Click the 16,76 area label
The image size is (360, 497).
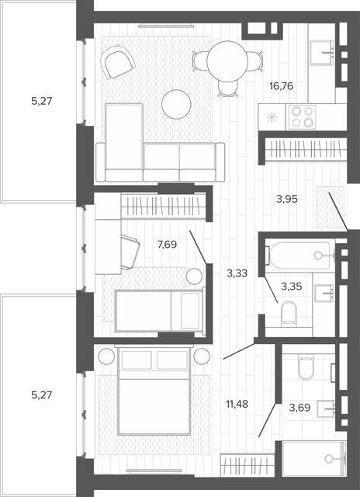tap(281, 86)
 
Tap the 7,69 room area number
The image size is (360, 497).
tap(167, 245)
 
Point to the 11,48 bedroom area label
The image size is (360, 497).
tap(237, 404)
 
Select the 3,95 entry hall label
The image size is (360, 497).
tap(286, 199)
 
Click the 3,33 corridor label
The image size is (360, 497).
tap(237, 273)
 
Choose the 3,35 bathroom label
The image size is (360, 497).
tap(291, 287)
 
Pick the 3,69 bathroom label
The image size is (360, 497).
tap(299, 407)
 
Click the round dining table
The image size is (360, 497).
tap(227, 61)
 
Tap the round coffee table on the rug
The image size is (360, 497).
tap(176, 104)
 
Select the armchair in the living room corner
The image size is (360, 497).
tap(118, 62)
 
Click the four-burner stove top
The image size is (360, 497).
tap(301, 117)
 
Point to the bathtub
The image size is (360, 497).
tap(299, 255)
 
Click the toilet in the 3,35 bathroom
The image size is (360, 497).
tap(289, 313)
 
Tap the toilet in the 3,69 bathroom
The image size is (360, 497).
tap(306, 367)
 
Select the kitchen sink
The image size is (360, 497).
tap(322, 53)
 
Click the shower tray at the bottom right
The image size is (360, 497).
tap(313, 458)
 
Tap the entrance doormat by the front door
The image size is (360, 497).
tap(331, 207)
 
